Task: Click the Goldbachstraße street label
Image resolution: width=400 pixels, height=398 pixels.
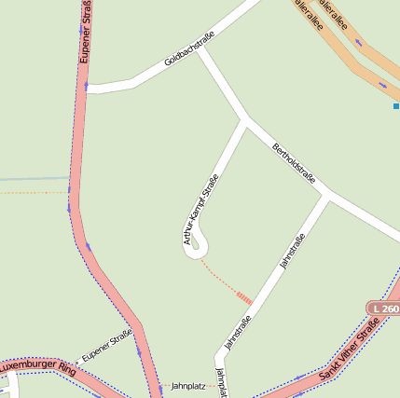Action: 189,48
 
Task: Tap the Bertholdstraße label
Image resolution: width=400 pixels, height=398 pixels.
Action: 295,166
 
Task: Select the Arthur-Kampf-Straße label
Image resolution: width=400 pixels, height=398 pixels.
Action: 201,210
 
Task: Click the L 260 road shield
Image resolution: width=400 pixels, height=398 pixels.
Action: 383,309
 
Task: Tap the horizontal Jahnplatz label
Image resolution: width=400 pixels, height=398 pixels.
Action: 187,385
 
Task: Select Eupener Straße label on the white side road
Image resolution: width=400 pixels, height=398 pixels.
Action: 107,345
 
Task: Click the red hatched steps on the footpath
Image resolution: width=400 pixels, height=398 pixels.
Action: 244,298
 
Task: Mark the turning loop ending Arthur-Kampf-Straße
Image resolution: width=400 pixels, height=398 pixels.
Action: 197,244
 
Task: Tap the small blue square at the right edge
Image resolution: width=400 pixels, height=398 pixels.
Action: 396,106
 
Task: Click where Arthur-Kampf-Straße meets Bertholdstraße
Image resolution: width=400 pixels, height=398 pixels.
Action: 245,119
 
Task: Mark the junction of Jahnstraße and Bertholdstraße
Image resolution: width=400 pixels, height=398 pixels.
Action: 326,196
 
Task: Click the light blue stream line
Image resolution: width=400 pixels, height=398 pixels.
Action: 34,178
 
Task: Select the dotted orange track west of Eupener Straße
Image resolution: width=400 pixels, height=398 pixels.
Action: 34,193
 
